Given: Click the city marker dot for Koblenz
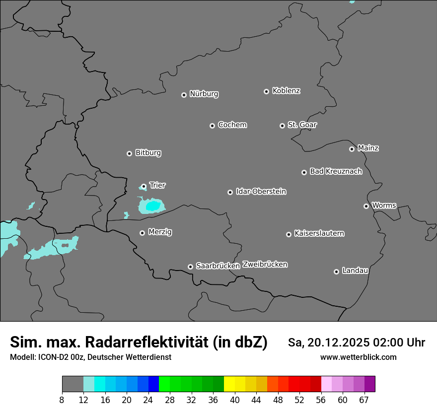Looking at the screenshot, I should [x=266, y=91].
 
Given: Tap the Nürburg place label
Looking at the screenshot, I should [x=204, y=94].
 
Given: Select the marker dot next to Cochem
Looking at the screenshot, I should [x=212, y=126].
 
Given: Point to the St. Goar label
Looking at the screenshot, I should [x=302, y=125].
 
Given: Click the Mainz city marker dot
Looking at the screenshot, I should [x=352, y=149].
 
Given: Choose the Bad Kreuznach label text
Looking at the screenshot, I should [x=336, y=171].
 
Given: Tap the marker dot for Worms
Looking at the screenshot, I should [x=366, y=206].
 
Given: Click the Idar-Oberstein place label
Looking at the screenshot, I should [x=261, y=192].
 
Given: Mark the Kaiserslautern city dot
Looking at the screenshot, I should [x=289, y=234].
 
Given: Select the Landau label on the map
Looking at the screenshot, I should [x=355, y=271].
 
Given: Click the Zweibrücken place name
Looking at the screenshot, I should [x=265, y=265].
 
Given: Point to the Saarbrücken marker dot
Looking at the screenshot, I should [x=190, y=267].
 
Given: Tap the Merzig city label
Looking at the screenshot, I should [x=160, y=232].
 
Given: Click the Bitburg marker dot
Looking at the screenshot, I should [x=129, y=153].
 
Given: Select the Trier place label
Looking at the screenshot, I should [x=157, y=185].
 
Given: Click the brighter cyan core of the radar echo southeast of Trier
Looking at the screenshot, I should [x=152, y=205].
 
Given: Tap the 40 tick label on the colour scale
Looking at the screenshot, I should [x=234, y=400].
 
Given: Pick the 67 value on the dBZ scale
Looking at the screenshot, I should [x=364, y=400].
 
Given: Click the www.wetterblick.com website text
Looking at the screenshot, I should [x=358, y=357].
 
